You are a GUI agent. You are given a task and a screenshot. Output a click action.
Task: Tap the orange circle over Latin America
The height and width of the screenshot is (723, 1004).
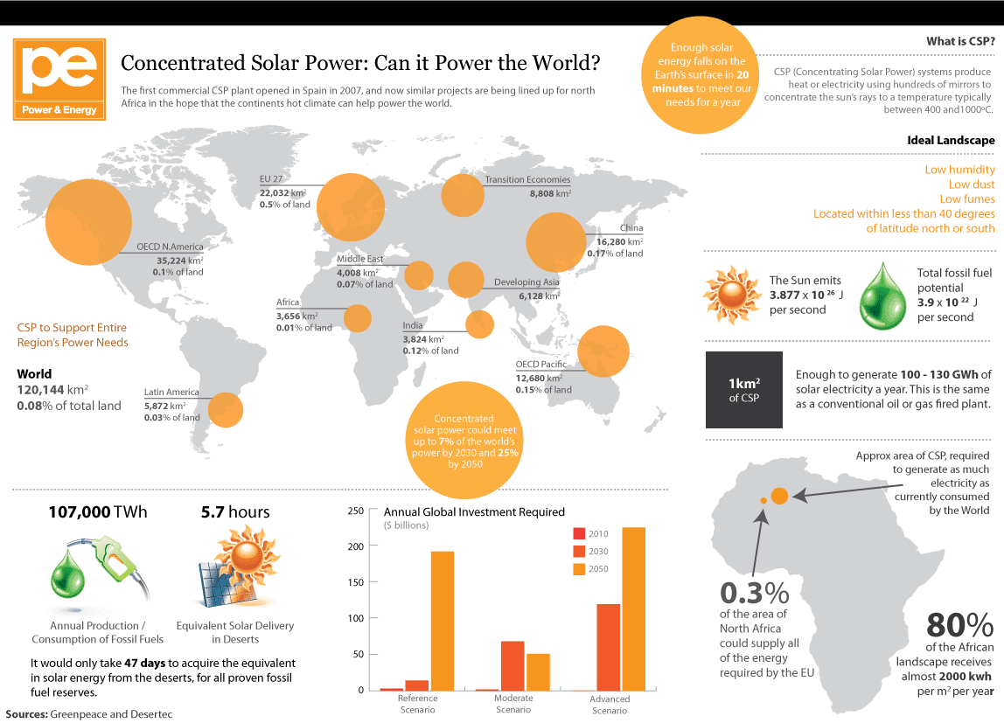click(226, 409)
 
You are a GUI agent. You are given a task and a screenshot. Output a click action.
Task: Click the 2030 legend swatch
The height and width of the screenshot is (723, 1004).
click(578, 552)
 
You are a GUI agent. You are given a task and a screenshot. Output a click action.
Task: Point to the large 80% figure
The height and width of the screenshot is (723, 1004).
click(959, 624)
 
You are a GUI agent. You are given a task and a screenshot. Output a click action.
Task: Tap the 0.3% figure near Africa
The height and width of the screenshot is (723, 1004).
click(755, 594)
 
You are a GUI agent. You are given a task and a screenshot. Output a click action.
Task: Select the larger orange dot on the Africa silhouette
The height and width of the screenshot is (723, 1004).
click(780, 496)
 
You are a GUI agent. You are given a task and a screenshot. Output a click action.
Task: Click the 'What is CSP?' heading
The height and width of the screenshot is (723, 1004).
click(960, 42)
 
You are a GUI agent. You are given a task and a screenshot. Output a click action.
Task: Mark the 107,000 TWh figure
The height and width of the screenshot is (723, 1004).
click(98, 512)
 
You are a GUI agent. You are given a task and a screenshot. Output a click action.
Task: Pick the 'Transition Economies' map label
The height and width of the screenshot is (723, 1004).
click(527, 180)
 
